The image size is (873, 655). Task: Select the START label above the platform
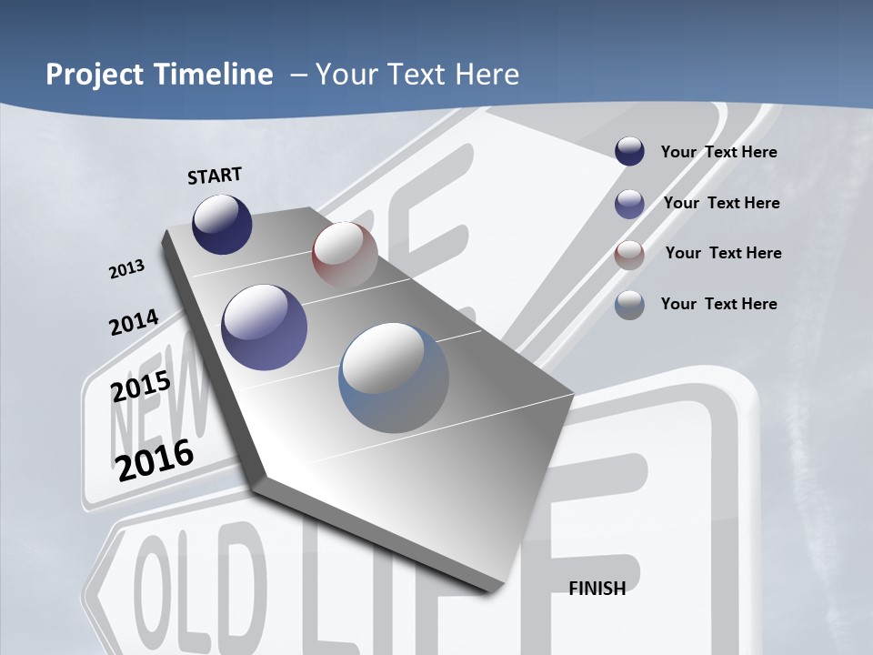pyautogui.click(x=215, y=176)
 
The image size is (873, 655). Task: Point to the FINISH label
pyautogui.click(x=597, y=589)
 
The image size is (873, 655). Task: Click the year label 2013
pyautogui.click(x=126, y=269)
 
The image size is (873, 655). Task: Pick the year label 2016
pyautogui.click(x=155, y=460)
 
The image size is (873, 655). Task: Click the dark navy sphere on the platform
pyautogui.click(x=222, y=224)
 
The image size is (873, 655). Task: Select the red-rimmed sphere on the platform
pyautogui.click(x=345, y=254)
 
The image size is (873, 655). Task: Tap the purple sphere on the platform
pyautogui.click(x=265, y=327)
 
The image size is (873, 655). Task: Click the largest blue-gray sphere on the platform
pyautogui.click(x=394, y=378)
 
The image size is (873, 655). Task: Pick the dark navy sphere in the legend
pyautogui.click(x=629, y=151)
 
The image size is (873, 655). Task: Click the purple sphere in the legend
pyautogui.click(x=629, y=204)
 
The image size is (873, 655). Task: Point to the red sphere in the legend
pyautogui.click(x=629, y=254)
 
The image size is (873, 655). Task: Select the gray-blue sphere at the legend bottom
pyautogui.click(x=629, y=305)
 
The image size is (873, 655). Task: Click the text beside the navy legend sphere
pyautogui.click(x=719, y=152)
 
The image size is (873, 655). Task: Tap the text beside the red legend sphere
pyautogui.click(x=724, y=253)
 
